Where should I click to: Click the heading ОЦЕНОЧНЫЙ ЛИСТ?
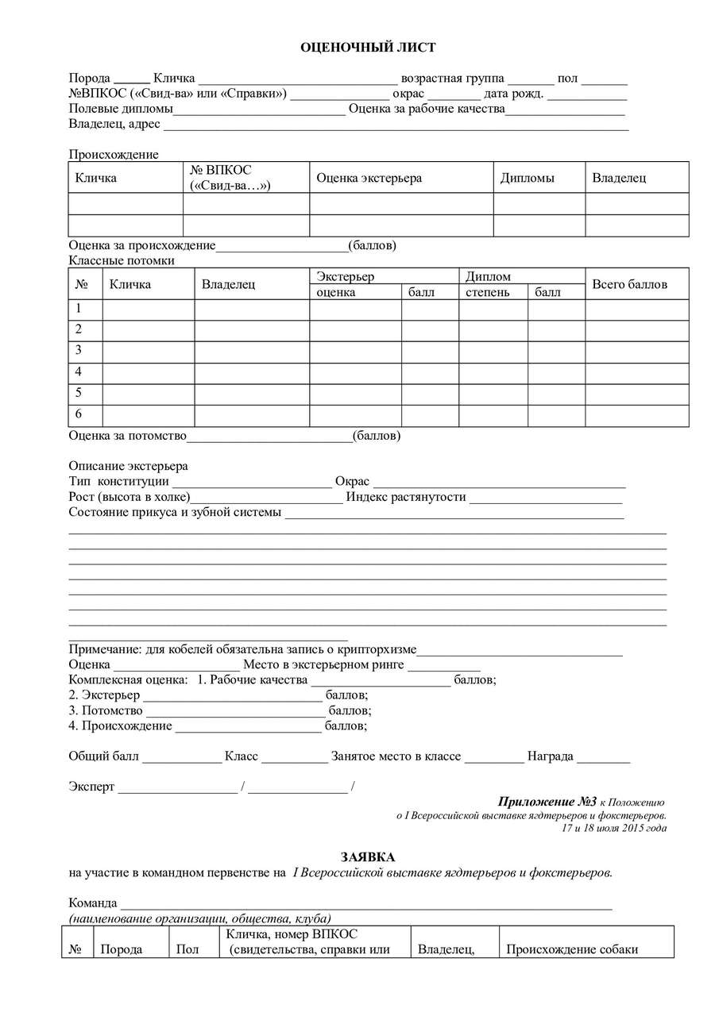click(x=367, y=48)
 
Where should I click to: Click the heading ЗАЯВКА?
click(x=367, y=857)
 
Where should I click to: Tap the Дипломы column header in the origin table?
click(x=528, y=178)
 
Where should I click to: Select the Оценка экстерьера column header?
click(x=369, y=178)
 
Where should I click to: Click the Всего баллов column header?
click(x=630, y=284)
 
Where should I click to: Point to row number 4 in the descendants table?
click(x=79, y=371)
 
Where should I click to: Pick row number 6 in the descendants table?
click(x=79, y=414)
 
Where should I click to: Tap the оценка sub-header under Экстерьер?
click(x=336, y=292)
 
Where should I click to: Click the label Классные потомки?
click(x=122, y=260)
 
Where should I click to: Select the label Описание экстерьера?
click(x=129, y=466)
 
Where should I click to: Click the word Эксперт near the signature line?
click(x=92, y=787)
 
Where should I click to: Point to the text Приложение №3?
click(x=547, y=802)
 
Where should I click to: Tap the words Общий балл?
click(x=104, y=756)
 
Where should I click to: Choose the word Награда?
click(x=550, y=756)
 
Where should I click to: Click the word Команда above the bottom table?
click(x=93, y=902)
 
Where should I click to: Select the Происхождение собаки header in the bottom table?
click(x=572, y=949)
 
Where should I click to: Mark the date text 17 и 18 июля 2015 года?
click(x=613, y=829)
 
